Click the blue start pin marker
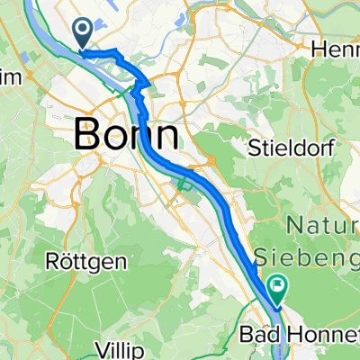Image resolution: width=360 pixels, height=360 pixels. tap(82, 34)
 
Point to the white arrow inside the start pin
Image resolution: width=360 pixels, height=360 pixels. tap(82, 31)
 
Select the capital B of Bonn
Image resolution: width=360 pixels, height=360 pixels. tap(86, 135)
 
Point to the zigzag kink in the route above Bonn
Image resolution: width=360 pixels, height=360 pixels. tap(138, 90)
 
